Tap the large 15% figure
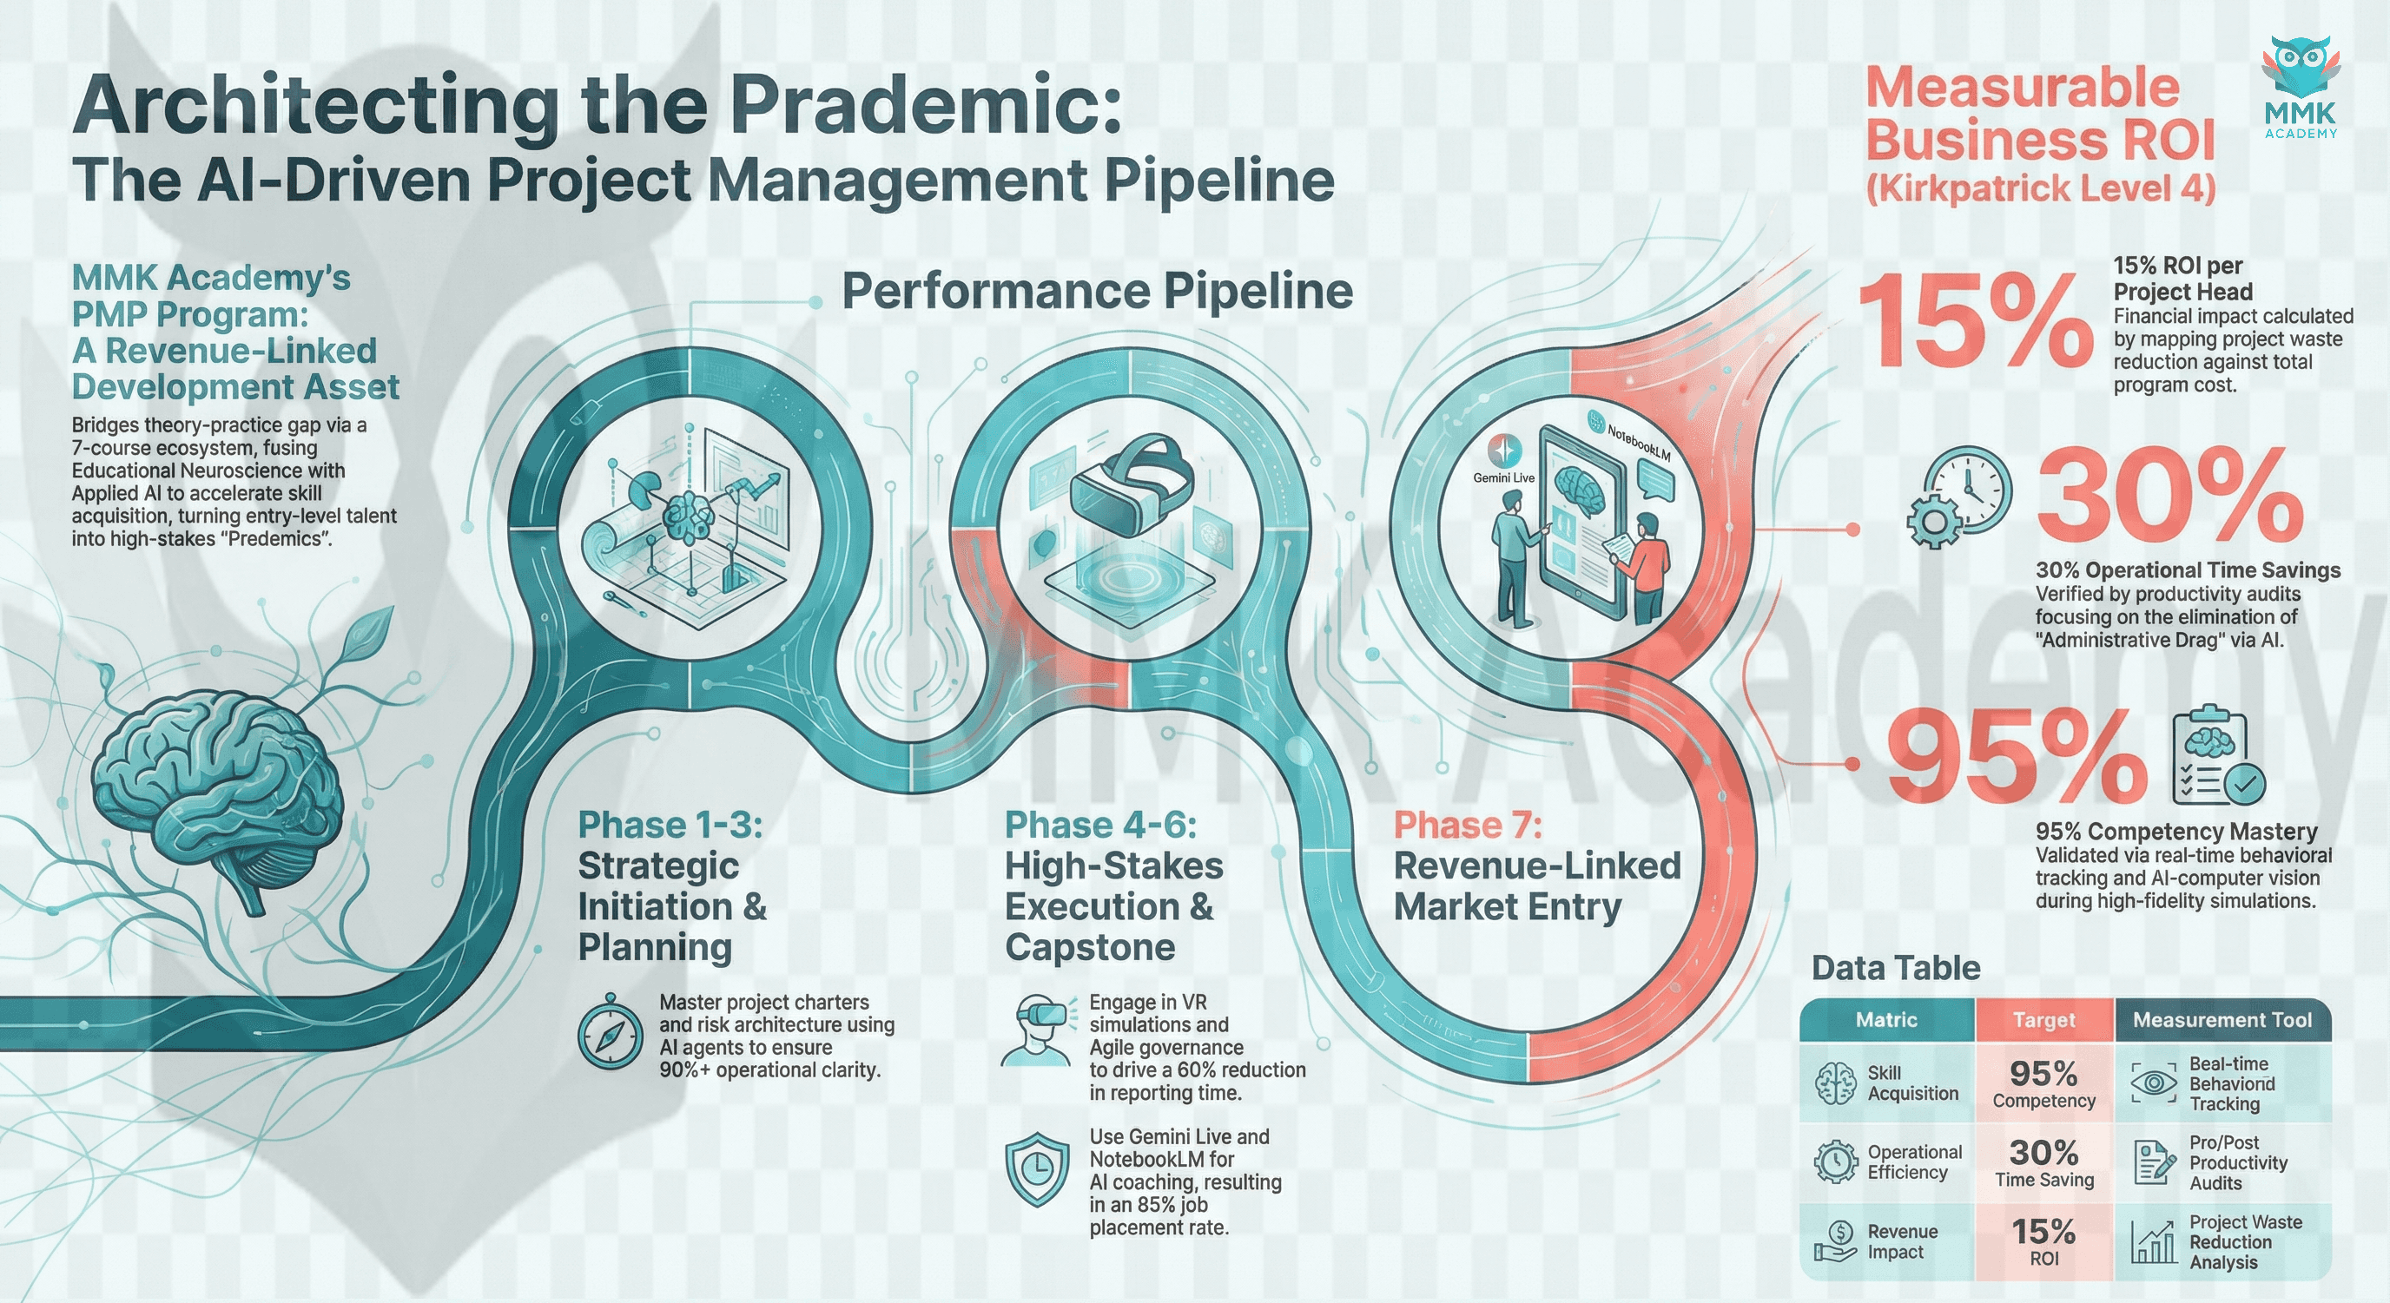[1974, 321]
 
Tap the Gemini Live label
[1503, 477]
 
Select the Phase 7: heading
[1468, 825]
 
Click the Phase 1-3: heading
[670, 825]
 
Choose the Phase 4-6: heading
[1100, 825]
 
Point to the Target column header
[2044, 1020]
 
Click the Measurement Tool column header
[2222, 1020]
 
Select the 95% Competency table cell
[2044, 1083]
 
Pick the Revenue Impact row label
[1901, 1240]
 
